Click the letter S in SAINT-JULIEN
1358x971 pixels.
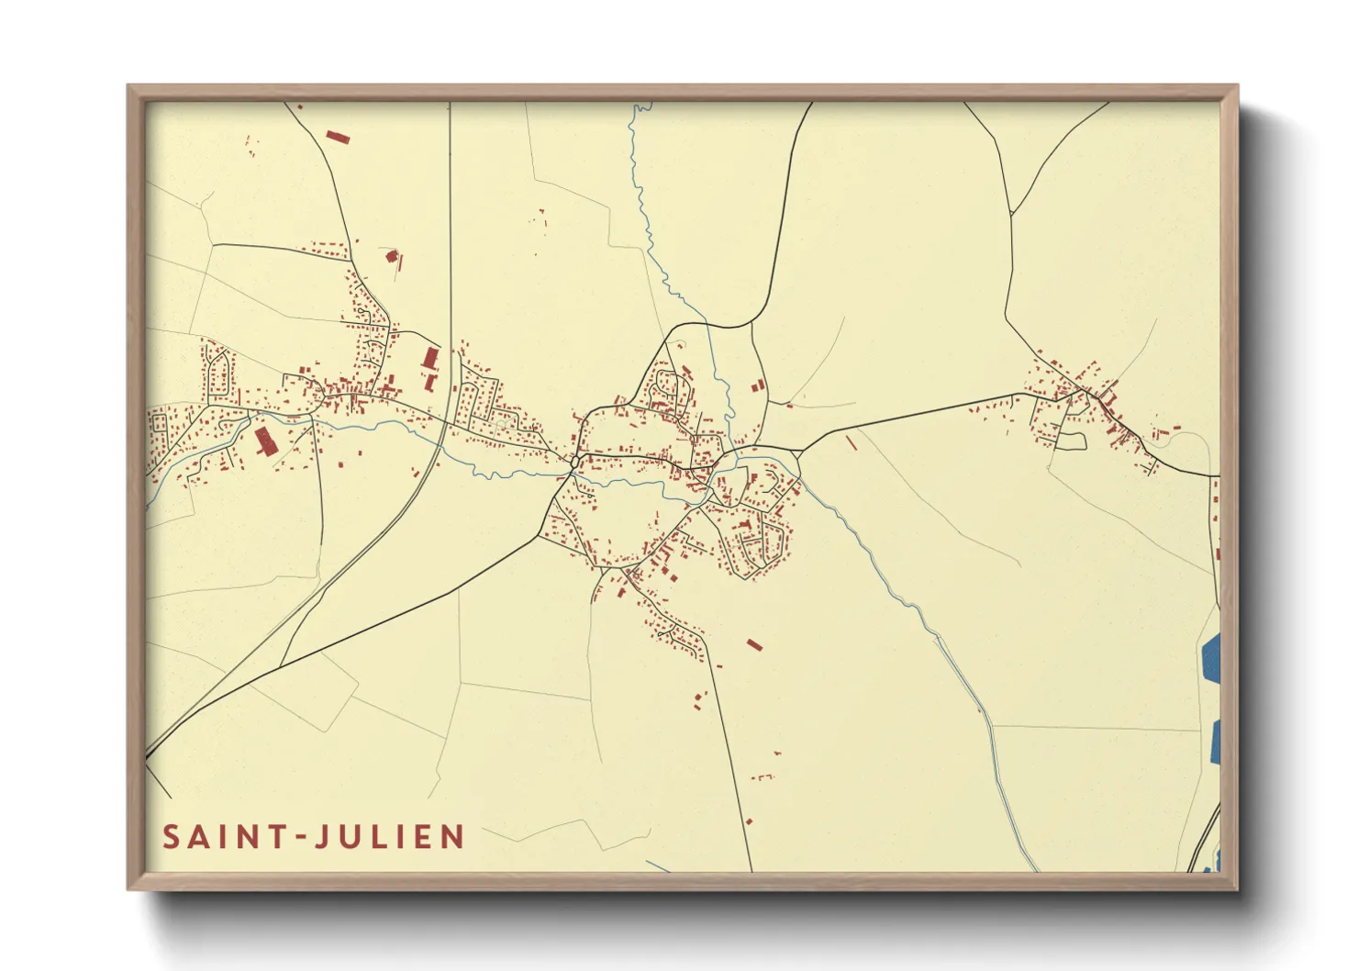171,837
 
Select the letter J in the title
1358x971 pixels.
322,837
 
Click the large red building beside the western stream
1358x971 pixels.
265,441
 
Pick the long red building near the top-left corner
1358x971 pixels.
339,138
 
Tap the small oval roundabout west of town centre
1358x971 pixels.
574,462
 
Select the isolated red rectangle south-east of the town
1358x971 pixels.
754,645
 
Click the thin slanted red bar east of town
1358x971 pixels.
852,442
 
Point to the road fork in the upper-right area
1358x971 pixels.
1011,214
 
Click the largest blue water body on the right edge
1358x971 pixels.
1210,659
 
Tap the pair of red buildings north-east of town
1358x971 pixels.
758,386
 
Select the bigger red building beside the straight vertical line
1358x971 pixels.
429,358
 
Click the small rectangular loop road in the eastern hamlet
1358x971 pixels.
1071,441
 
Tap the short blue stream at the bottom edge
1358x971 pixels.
659,865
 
